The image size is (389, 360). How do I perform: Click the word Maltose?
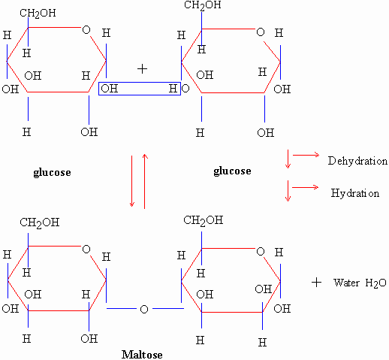[142, 355]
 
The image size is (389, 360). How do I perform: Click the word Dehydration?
[357, 161]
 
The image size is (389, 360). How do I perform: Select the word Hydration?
[355, 193]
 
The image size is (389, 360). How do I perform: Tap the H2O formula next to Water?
[375, 283]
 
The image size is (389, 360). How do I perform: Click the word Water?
[346, 283]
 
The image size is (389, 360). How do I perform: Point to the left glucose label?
[52, 172]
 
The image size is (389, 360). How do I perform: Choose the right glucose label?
[232, 171]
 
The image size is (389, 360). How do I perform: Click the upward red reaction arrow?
[145, 181]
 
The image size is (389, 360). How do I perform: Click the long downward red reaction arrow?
[132, 181]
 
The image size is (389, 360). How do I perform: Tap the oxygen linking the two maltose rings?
[144, 309]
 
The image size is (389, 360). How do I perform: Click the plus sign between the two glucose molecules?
[142, 69]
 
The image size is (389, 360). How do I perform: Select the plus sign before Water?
[316, 283]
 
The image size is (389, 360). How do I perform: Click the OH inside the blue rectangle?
[110, 89]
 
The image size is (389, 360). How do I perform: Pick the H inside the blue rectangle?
[173, 89]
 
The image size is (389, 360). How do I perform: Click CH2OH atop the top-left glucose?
[38, 14]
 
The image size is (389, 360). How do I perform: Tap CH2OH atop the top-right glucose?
[203, 5]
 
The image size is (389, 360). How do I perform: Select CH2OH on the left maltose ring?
[40, 222]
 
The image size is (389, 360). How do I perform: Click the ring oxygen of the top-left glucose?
[86, 30]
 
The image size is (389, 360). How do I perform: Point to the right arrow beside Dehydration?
[306, 155]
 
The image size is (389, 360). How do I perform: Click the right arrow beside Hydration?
[306, 187]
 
